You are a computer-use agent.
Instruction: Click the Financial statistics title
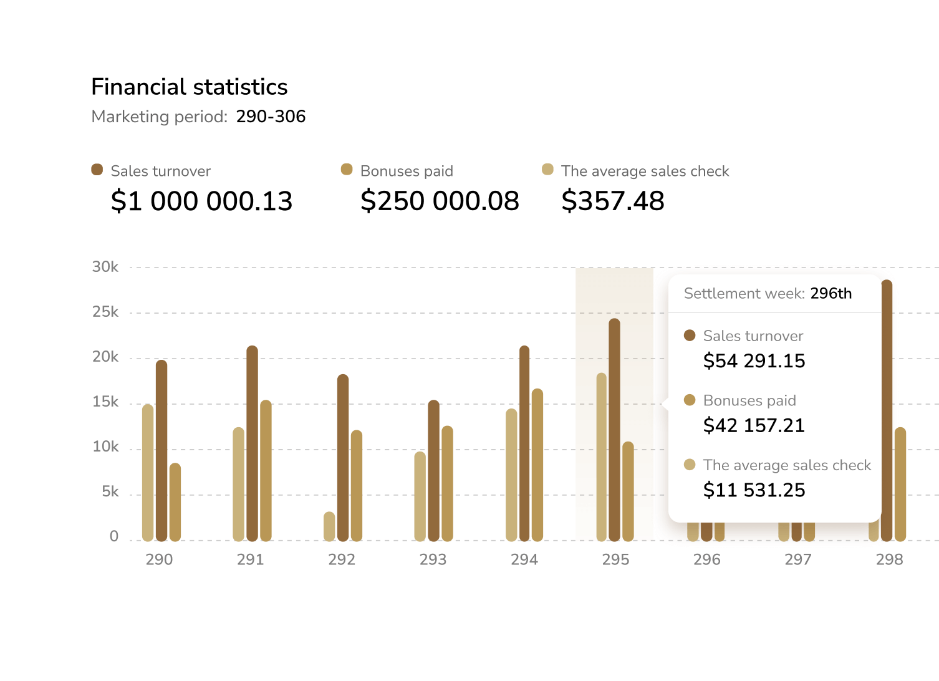[189, 87]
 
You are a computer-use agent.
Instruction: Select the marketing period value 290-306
[271, 117]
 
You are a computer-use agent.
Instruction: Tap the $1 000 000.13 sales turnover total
[201, 201]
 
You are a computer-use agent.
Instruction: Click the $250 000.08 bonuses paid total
[440, 201]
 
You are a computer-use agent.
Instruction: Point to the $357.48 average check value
[612, 201]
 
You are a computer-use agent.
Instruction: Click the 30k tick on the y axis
[105, 267]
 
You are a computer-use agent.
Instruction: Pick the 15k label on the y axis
[105, 402]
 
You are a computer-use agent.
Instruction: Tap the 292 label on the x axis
[342, 559]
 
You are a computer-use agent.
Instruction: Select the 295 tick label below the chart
[615, 559]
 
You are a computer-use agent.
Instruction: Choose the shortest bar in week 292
[329, 526]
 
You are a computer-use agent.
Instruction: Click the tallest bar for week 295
[615, 430]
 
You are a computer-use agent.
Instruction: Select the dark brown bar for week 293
[434, 471]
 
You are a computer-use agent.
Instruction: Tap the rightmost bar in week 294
[537, 465]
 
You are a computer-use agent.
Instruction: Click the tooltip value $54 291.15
[754, 361]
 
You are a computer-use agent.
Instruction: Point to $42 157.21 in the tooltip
[754, 426]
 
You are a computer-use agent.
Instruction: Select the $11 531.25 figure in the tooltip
[754, 490]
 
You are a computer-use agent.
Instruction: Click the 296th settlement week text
[831, 294]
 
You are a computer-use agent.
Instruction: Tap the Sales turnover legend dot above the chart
[97, 170]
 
